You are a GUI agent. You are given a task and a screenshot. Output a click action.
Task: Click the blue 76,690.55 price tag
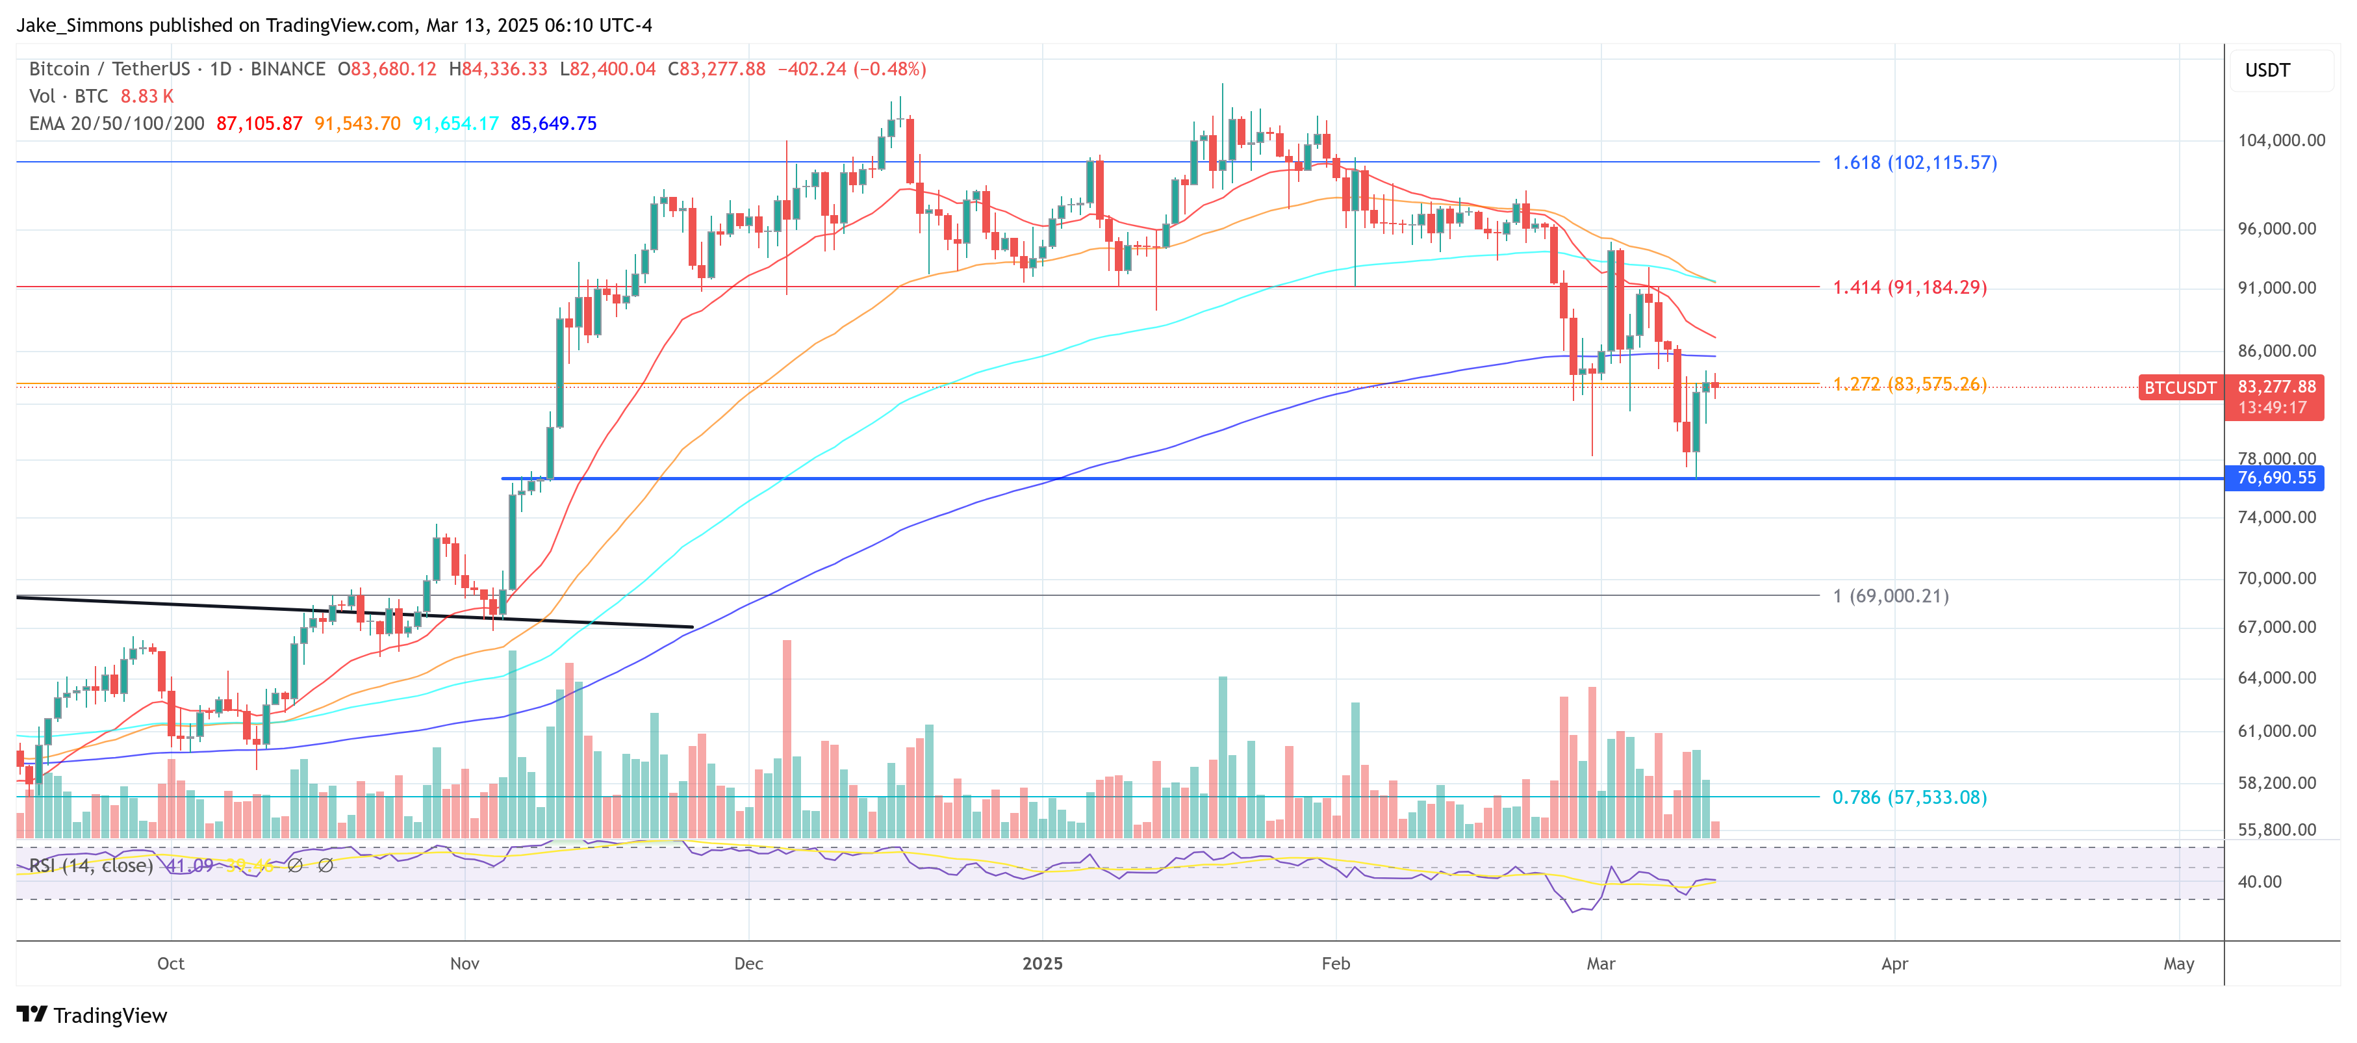[x=2276, y=478]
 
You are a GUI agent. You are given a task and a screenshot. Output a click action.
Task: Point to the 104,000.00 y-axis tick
[x=2281, y=140]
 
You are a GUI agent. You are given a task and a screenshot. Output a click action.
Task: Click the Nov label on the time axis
[x=465, y=964]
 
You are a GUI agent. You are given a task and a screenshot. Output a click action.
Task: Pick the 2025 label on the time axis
[x=1042, y=964]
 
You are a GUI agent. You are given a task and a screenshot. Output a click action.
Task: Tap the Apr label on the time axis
[x=1894, y=964]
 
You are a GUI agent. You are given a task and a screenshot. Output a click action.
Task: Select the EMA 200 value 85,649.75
[x=554, y=123]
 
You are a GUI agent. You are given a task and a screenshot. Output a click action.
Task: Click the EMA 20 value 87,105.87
[x=259, y=123]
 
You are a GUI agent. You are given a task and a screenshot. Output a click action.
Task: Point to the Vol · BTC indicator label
[x=69, y=96]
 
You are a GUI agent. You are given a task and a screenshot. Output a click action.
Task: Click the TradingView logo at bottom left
[x=92, y=1016]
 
